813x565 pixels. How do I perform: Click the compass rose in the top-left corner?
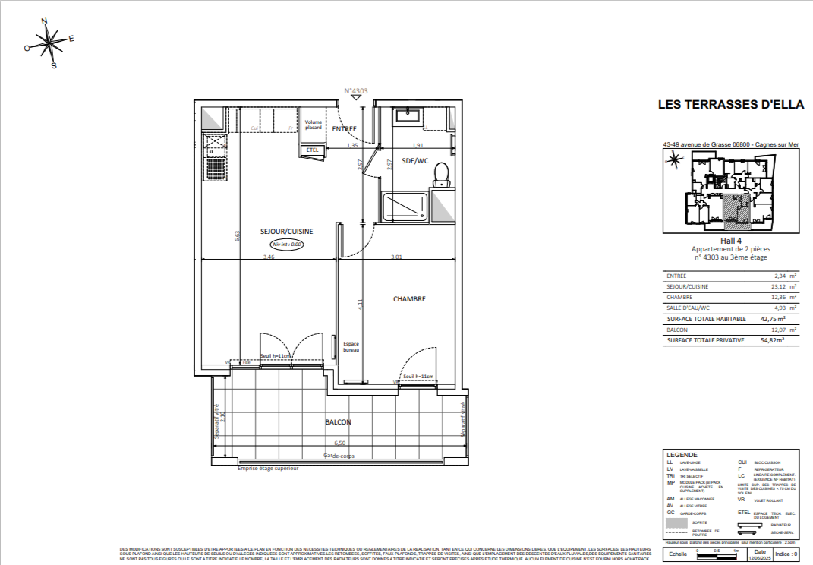50,43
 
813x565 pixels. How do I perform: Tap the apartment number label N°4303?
356,91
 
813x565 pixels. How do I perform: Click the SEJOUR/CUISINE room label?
287,232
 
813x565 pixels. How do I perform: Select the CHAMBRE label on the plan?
409,298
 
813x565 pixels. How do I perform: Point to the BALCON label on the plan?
338,422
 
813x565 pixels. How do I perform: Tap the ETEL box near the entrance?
312,150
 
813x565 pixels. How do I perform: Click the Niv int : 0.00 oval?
287,245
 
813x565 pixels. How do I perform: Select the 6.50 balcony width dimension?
339,443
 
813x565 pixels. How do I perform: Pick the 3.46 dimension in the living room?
269,257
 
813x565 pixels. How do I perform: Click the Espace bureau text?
351,347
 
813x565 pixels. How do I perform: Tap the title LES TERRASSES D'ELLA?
730,105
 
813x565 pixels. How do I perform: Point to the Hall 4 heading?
730,241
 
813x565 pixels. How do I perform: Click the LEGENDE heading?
681,454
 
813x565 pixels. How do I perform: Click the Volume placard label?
314,125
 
